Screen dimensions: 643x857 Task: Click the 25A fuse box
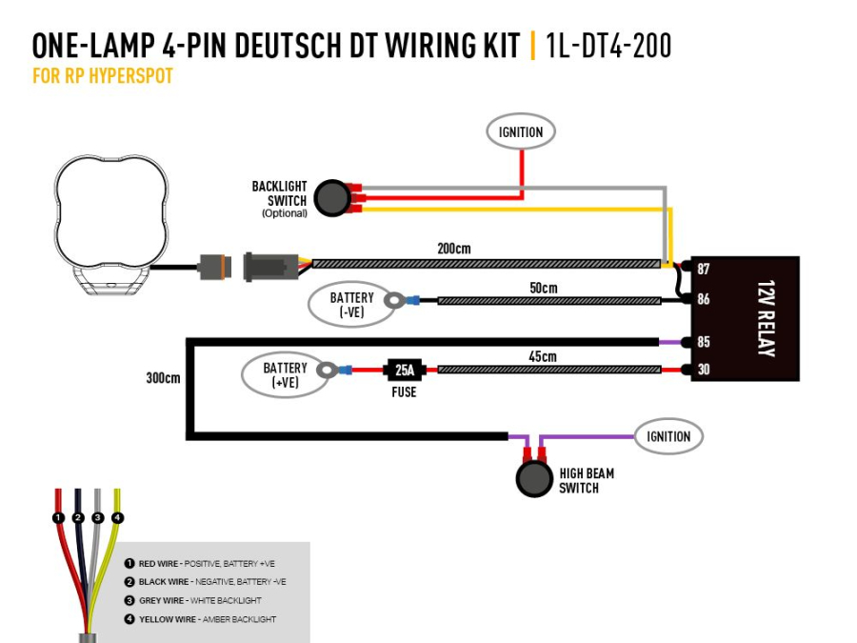point(404,370)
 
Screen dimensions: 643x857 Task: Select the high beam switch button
point(534,478)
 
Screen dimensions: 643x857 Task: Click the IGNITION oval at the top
point(521,132)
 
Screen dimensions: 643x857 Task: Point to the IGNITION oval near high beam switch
point(668,436)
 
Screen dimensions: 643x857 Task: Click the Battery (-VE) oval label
point(351,305)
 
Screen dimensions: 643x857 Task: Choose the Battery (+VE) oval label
point(285,374)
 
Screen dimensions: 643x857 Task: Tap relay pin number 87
point(704,270)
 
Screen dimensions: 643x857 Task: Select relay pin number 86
point(704,300)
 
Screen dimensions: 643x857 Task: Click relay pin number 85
point(704,341)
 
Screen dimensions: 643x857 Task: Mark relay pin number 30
point(704,370)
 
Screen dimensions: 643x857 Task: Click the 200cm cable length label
point(453,249)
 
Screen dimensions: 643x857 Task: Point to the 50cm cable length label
point(543,288)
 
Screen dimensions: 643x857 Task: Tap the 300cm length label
point(163,377)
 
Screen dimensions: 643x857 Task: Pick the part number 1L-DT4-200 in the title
point(608,46)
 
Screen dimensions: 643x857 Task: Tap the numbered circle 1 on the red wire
point(58,518)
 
